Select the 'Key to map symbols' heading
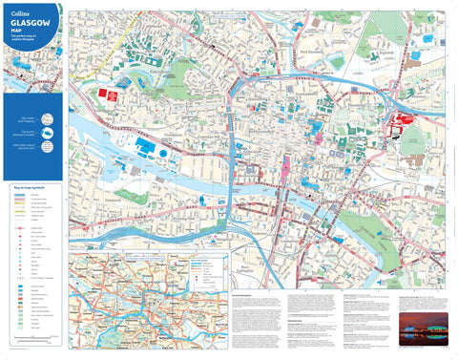pyautogui.click(x=27, y=187)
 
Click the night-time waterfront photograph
pyautogui.click(x=424, y=327)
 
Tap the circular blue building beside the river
pyautogui.click(x=165, y=152)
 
